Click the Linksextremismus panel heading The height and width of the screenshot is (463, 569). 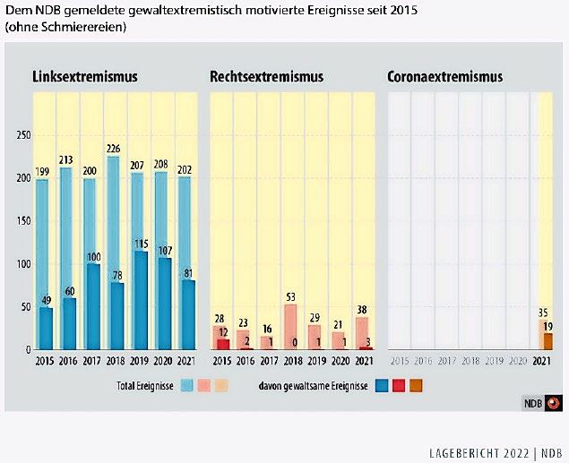(85, 77)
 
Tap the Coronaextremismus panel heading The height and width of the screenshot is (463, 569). (444, 77)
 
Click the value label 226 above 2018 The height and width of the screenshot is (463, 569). (113, 149)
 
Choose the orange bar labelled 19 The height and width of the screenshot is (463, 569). (547, 341)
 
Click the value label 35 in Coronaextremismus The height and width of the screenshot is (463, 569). (543, 313)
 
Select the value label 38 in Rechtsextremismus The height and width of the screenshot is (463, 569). (361, 310)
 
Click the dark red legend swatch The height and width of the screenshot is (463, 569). (398, 386)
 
